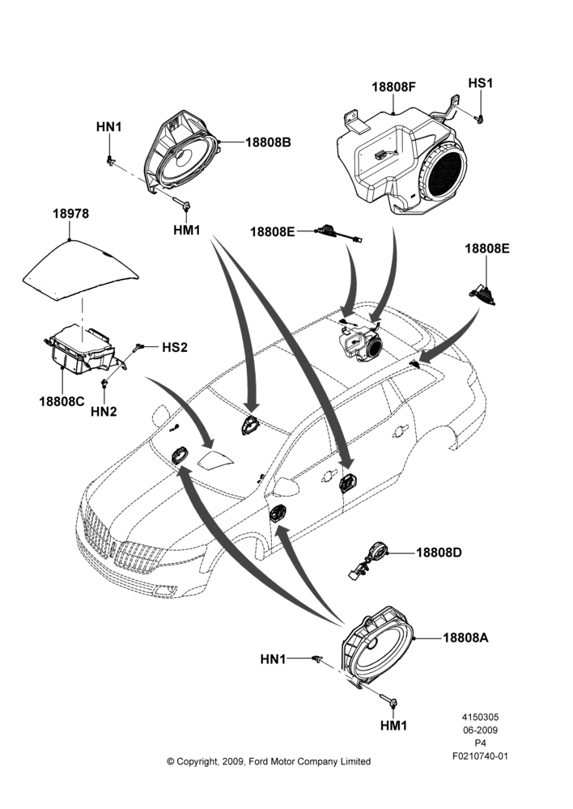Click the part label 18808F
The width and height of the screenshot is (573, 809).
pos(393,87)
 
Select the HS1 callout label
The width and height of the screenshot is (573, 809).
pos(480,83)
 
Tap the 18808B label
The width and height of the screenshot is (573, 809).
pos(268,142)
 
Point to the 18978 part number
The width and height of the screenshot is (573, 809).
pos(70,214)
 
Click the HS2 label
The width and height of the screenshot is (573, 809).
pos(175,347)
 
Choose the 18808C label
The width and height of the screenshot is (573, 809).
pos(62,401)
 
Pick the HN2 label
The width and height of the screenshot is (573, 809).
pos(104,411)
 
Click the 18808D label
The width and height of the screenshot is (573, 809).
pos(439,553)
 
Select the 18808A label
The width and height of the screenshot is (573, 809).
pos(465,637)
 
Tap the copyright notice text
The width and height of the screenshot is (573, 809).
pos(269,761)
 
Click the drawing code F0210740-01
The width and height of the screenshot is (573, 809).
pos(480,756)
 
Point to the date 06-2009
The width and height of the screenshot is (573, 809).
pos(480,730)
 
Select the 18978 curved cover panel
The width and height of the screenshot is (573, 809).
pos(81,270)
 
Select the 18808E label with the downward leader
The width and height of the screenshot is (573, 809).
pos(486,248)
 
